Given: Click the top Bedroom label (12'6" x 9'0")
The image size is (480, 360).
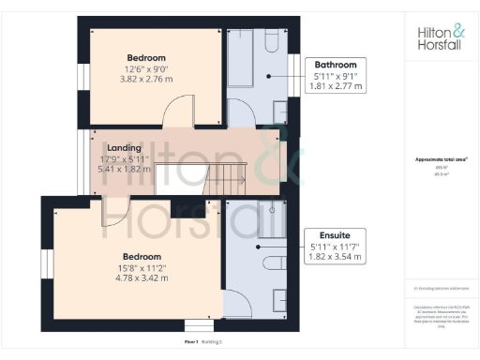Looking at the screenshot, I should click(147, 57).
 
